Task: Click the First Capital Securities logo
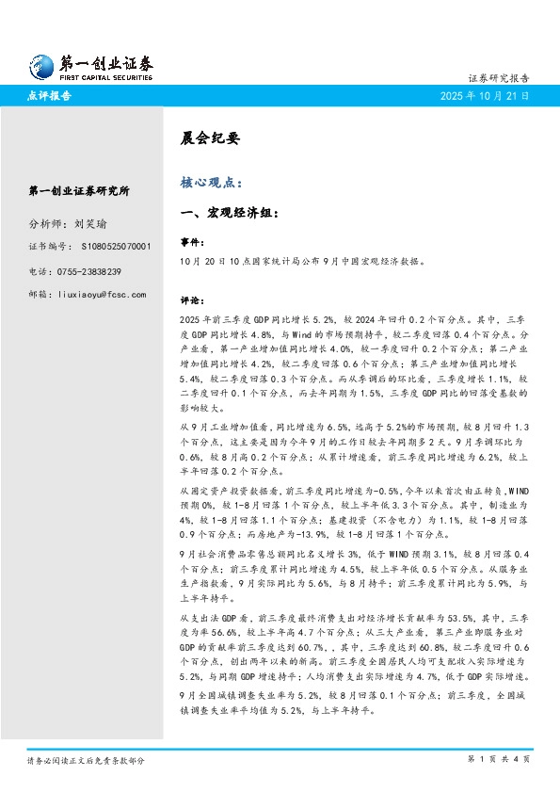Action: click(x=89, y=66)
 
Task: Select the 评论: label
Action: click(x=191, y=301)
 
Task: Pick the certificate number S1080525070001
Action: click(x=110, y=247)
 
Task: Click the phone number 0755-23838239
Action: click(x=102, y=271)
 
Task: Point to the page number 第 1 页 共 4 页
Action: click(x=498, y=758)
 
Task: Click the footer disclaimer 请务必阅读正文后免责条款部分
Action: click(x=86, y=759)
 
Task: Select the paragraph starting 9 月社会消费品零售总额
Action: click(x=358, y=580)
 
